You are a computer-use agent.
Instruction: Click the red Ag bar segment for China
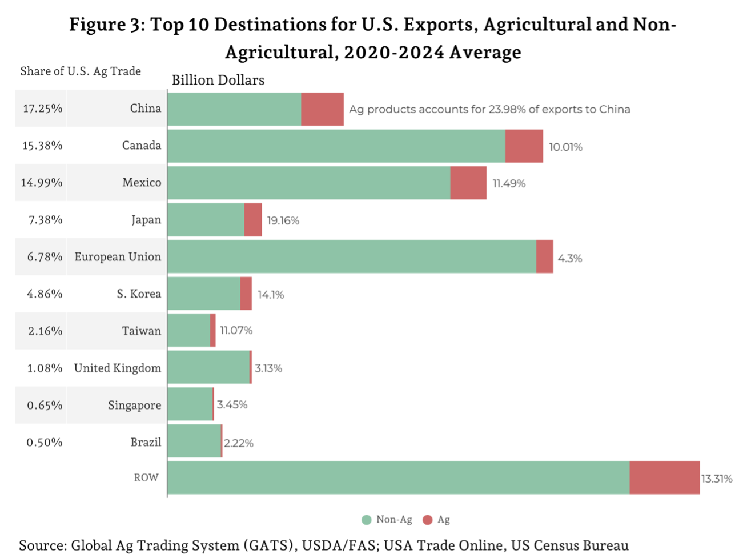[322, 109]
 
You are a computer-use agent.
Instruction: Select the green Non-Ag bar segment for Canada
[336, 146]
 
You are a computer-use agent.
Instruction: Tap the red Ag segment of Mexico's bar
[468, 183]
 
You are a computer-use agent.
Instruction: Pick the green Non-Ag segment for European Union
[351, 256]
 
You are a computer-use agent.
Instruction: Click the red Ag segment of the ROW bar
[664, 477]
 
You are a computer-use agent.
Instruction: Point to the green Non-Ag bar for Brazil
[194, 441]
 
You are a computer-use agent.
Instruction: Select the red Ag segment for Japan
[252, 220]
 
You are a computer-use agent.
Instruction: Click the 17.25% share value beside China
[42, 109]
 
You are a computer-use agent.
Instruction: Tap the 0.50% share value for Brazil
[44, 443]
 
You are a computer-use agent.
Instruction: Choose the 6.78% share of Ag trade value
[44, 257]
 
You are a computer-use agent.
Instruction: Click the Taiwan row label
[141, 331]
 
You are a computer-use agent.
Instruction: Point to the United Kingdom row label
[117, 368]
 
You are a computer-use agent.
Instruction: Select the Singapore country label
[134, 406]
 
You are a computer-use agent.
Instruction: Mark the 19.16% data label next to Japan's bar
[283, 220]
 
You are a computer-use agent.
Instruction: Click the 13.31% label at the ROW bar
[717, 479]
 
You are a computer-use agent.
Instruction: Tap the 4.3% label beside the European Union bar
[569, 258]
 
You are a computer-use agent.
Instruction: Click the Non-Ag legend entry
[387, 520]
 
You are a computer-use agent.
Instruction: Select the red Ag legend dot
[428, 520]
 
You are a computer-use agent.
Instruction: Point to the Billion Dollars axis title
[218, 80]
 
